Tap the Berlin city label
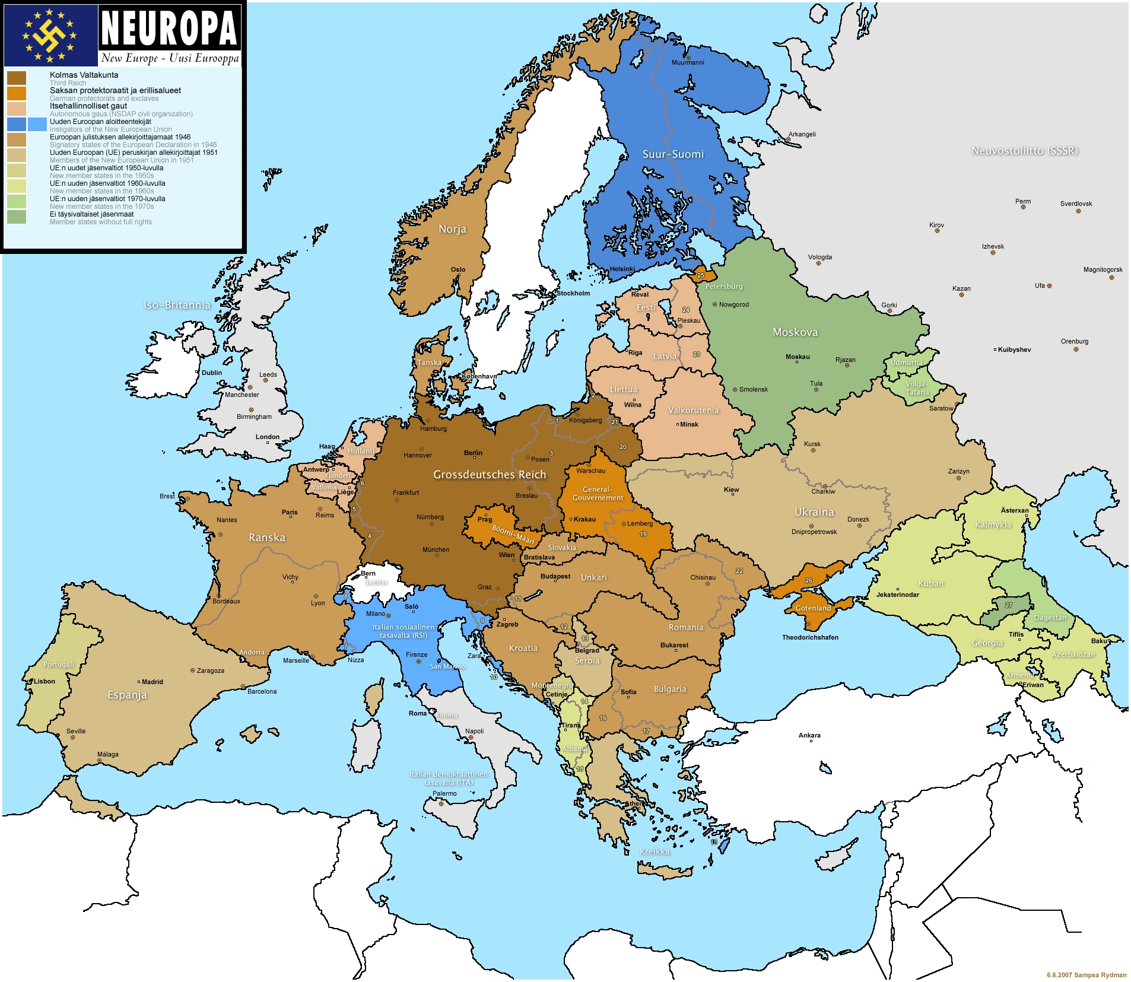click(x=473, y=453)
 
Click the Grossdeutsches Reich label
click(x=489, y=474)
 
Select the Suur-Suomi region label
click(x=673, y=154)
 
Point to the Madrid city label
click(x=152, y=682)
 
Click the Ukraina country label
click(x=814, y=511)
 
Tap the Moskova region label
click(x=795, y=332)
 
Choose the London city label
click(x=267, y=437)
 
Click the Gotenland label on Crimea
click(x=813, y=608)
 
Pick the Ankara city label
click(x=809, y=735)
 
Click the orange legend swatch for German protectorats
click(x=17, y=94)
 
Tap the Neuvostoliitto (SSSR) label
click(x=1024, y=151)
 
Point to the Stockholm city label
click(x=573, y=293)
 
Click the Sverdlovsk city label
click(x=1076, y=204)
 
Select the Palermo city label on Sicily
click(x=444, y=793)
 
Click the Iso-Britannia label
click(x=177, y=305)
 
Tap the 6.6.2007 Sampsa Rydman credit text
click(x=1086, y=975)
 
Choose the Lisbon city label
click(x=44, y=681)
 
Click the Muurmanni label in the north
click(x=688, y=62)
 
